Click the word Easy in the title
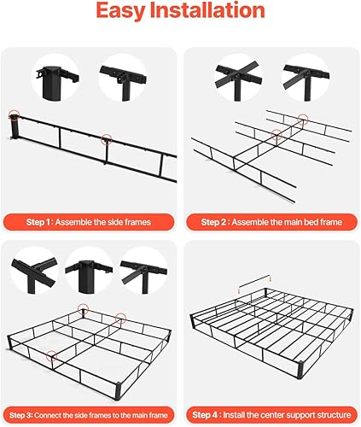(x=120, y=11)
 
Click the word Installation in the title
(x=207, y=10)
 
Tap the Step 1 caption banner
(x=89, y=222)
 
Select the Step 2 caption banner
(x=271, y=222)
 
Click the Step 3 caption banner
(x=89, y=415)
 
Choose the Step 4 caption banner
(x=271, y=415)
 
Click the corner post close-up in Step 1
(x=55, y=79)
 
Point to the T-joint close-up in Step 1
(x=123, y=79)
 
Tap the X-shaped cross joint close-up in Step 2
(x=238, y=79)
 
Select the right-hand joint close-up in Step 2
(x=306, y=79)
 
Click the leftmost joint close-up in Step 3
(x=34, y=271)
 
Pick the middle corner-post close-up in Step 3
(x=89, y=271)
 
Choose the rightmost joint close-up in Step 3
(x=143, y=271)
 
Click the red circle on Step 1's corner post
(x=14, y=114)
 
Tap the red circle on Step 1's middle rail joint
(x=106, y=139)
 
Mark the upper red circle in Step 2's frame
(x=303, y=119)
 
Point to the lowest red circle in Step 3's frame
(x=52, y=356)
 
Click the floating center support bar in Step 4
(x=254, y=280)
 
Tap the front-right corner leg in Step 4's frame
(x=301, y=371)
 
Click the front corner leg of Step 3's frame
(x=118, y=391)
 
